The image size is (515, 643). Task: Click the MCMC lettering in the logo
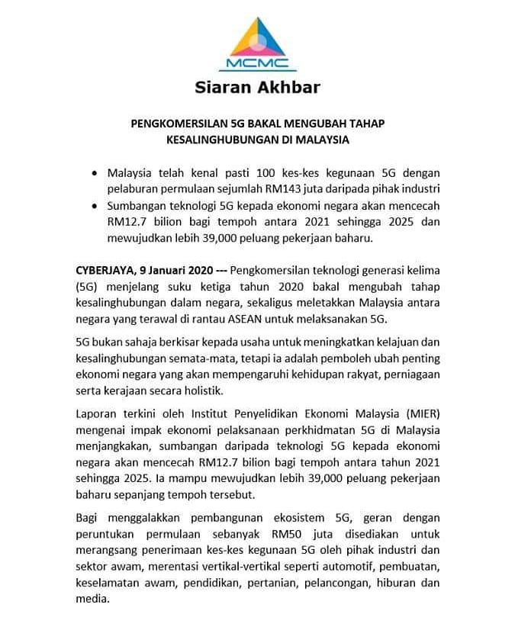[x=256, y=61]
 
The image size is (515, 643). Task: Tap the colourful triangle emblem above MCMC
[x=256, y=34]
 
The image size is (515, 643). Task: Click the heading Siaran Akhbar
[x=257, y=87]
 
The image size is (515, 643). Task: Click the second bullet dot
[x=93, y=207]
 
